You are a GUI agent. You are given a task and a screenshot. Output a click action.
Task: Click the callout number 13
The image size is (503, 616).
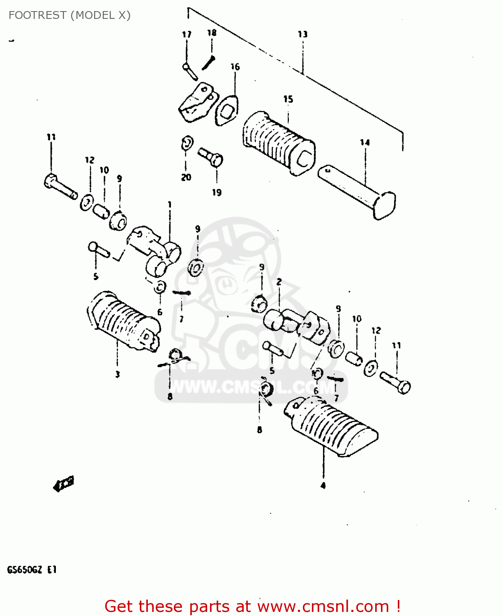(x=302, y=34)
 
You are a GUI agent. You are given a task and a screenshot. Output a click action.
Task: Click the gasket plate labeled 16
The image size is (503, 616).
(x=226, y=110)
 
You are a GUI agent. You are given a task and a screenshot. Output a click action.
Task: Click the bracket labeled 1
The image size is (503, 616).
(x=154, y=251)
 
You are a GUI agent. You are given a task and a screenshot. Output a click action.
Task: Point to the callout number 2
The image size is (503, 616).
(x=279, y=282)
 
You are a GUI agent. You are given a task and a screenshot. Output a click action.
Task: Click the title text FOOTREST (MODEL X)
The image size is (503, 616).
(x=69, y=15)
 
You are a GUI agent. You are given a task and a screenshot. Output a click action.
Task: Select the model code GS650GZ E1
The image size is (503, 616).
(x=32, y=570)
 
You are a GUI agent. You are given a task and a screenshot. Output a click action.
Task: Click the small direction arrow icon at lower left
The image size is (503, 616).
(x=64, y=484)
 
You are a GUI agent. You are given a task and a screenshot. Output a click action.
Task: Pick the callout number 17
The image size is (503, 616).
(x=187, y=34)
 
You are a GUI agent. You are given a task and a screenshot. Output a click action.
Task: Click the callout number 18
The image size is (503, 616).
(x=212, y=33)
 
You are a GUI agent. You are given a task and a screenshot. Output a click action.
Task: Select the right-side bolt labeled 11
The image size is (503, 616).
(x=395, y=382)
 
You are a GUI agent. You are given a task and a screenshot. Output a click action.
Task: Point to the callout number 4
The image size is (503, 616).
(x=323, y=486)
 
